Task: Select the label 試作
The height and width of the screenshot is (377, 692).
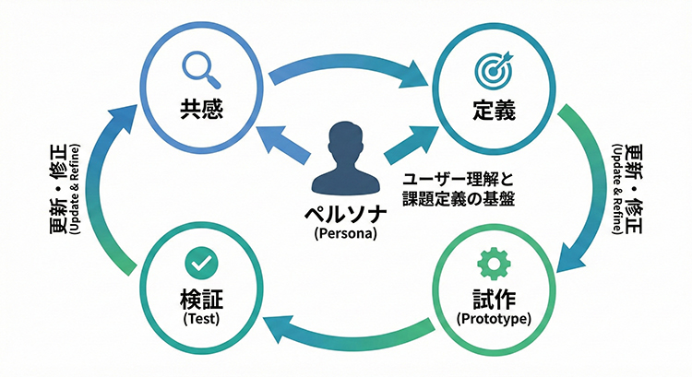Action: [492, 300]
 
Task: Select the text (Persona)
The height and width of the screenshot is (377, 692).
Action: [346, 233]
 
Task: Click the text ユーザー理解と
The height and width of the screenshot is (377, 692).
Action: [444, 181]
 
